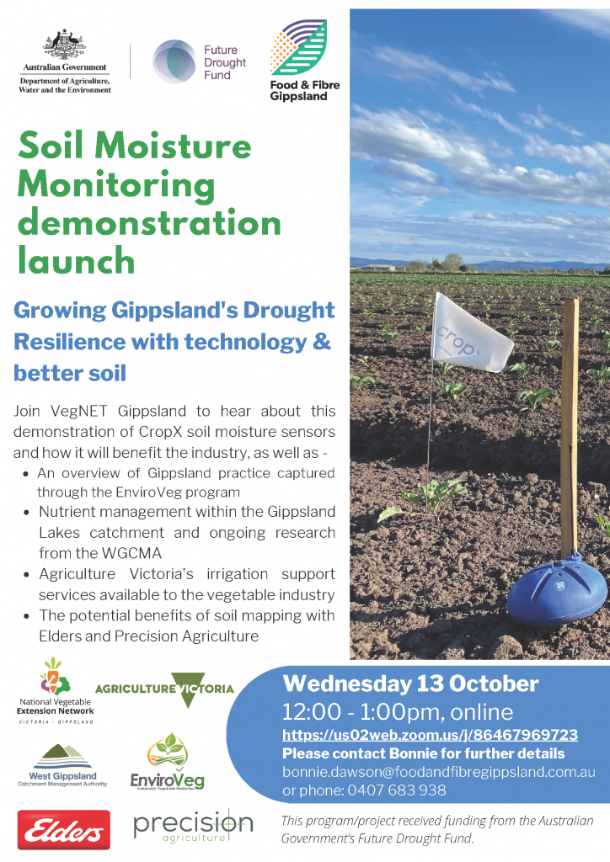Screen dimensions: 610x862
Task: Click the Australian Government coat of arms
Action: [x=65, y=45]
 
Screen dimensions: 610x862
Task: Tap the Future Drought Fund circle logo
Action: [x=174, y=61]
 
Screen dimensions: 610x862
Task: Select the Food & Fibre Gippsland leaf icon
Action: [x=298, y=47]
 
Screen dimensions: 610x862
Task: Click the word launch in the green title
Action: [x=77, y=260]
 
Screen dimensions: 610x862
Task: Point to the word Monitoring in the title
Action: [x=116, y=185]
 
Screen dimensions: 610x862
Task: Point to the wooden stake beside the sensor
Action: [x=570, y=428]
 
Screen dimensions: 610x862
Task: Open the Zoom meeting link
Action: [x=431, y=735]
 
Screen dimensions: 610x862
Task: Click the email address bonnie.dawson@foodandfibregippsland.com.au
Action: [x=438, y=772]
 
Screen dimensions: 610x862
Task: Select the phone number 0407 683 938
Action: [x=397, y=790]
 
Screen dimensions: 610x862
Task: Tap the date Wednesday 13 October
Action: [x=410, y=684]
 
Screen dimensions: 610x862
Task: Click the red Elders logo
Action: [x=64, y=829]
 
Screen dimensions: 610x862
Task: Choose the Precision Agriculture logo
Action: [x=193, y=827]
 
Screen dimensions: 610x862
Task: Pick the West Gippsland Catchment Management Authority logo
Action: [x=62, y=765]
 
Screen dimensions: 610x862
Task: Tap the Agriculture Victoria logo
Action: [x=164, y=689]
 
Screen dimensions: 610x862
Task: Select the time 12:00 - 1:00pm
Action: [x=361, y=712]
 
